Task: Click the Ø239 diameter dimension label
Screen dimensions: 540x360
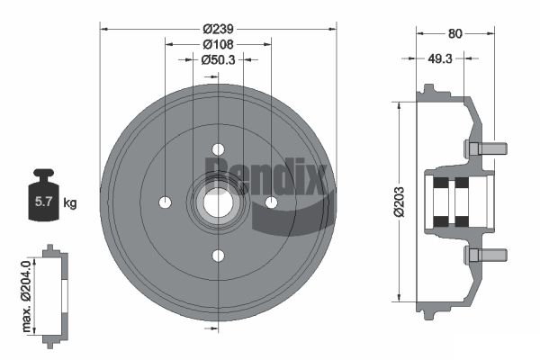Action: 219,29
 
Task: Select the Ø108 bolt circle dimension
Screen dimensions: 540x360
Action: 219,44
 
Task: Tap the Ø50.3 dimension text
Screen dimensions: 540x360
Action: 219,60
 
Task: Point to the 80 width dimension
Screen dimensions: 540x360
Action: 454,34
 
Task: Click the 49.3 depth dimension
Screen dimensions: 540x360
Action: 440,58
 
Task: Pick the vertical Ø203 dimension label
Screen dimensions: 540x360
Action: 399,202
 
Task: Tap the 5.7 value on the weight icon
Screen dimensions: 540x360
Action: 43,202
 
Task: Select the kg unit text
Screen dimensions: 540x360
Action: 70,203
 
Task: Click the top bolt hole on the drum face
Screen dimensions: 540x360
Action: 218,149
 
